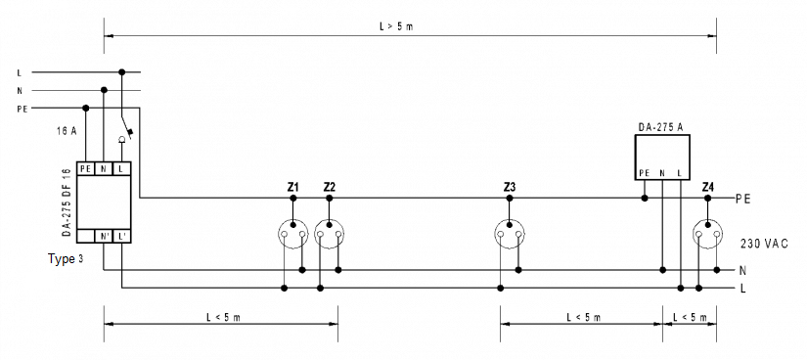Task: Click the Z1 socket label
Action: point(292,187)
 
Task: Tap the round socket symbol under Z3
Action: point(510,234)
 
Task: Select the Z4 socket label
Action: point(707,187)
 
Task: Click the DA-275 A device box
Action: point(661,157)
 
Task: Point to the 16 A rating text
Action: point(67,131)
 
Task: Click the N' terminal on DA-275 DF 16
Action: point(104,237)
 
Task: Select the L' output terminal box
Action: point(122,237)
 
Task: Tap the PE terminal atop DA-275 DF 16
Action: point(86,168)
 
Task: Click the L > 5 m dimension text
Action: point(396,26)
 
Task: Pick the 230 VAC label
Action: point(764,244)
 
